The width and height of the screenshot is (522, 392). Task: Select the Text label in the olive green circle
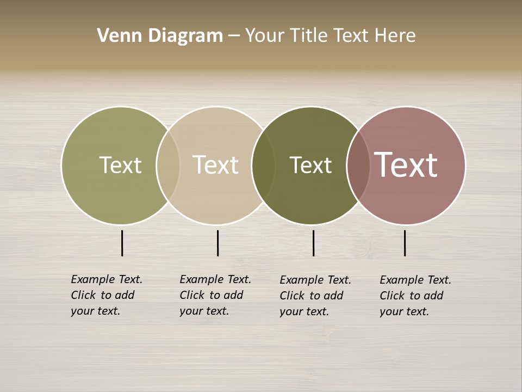coord(120,165)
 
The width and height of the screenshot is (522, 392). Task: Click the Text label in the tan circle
coord(216,165)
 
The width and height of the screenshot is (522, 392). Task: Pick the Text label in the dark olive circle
coord(310,165)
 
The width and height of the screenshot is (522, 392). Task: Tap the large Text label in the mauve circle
coord(406,165)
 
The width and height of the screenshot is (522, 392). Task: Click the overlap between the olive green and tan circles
coord(168,165)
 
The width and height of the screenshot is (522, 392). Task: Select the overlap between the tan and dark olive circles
coord(263,165)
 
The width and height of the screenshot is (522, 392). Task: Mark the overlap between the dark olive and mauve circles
coord(358,165)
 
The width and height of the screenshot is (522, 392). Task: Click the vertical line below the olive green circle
coord(122,243)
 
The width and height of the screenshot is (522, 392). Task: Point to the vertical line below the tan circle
coord(217,243)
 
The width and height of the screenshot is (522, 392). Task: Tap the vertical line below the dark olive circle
coord(313,243)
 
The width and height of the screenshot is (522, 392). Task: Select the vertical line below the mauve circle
coord(405,243)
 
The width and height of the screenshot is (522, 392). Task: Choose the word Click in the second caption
coord(191,295)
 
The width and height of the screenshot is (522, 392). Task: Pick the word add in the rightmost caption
coord(433,296)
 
